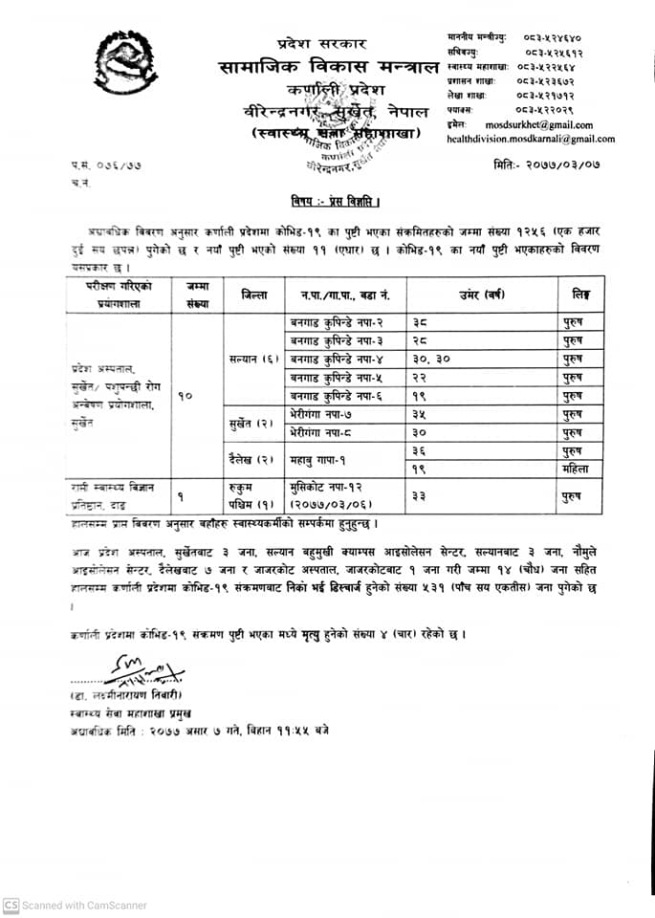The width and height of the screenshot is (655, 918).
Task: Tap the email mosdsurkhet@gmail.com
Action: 539,124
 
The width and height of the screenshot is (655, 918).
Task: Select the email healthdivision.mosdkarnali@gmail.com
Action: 531,139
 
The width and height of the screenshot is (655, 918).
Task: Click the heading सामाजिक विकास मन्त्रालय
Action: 326,67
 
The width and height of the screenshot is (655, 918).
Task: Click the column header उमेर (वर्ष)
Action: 483,294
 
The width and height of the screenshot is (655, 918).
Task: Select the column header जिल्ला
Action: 254,295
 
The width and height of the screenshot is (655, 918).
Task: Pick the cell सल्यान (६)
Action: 253,359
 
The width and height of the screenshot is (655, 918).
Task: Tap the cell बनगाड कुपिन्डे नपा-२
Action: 336,323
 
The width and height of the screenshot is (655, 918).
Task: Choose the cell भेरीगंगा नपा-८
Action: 325,432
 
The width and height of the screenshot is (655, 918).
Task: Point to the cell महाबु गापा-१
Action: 324,460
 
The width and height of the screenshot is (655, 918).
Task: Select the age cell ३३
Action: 422,494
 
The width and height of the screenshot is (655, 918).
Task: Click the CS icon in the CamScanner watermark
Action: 11,905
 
